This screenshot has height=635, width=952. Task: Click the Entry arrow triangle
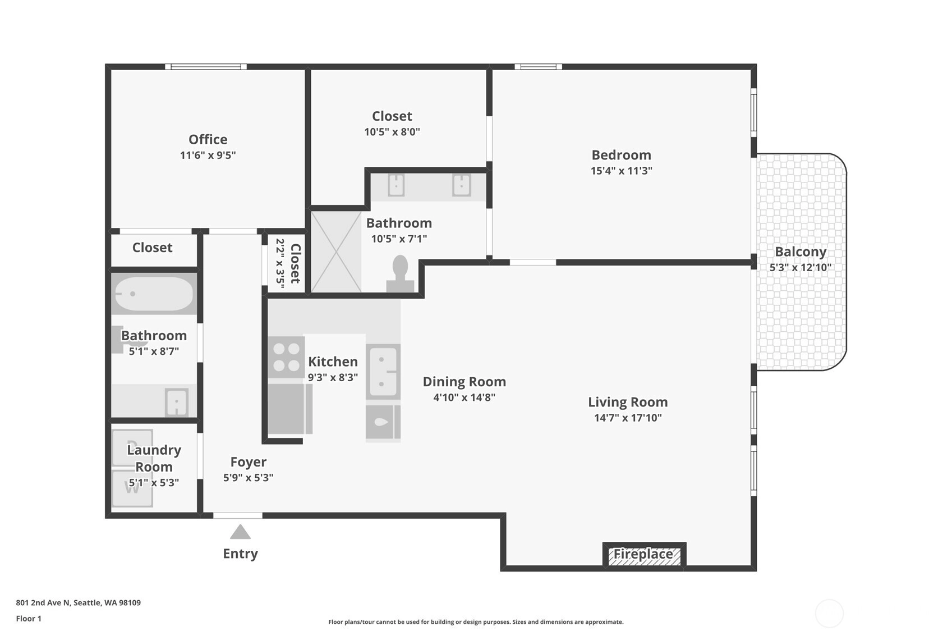pyautogui.click(x=240, y=532)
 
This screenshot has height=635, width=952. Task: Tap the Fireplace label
pyautogui.click(x=643, y=554)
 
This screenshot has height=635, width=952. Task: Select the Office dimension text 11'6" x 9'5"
pyautogui.click(x=208, y=155)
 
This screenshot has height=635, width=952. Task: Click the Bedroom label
pyautogui.click(x=622, y=154)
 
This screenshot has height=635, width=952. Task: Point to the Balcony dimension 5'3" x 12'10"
pyautogui.click(x=801, y=267)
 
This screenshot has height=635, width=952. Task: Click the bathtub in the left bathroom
pyautogui.click(x=154, y=294)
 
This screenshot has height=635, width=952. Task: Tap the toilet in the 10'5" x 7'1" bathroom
pyautogui.click(x=401, y=273)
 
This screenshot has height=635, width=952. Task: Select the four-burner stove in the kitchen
pyautogui.click(x=286, y=357)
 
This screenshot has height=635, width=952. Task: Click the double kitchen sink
pyautogui.click(x=383, y=372)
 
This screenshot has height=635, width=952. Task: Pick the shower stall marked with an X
pyautogui.click(x=336, y=252)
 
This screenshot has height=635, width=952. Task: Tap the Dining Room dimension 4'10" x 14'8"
pyautogui.click(x=464, y=398)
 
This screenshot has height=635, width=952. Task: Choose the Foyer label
pyautogui.click(x=248, y=462)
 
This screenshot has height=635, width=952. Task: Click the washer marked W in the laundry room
pyautogui.click(x=132, y=488)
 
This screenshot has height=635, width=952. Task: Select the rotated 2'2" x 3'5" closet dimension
pyautogui.click(x=279, y=263)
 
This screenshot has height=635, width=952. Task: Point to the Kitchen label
pyautogui.click(x=333, y=362)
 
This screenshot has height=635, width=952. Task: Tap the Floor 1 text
pyautogui.click(x=29, y=619)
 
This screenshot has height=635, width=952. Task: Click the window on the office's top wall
pyautogui.click(x=206, y=67)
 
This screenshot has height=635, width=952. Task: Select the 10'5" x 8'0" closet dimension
pyautogui.click(x=392, y=132)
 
